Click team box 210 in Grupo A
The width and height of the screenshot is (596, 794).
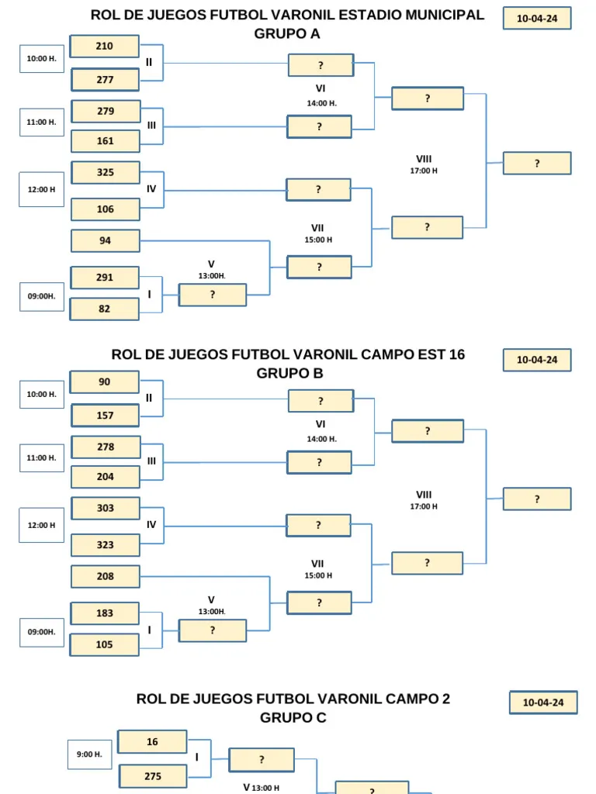105,46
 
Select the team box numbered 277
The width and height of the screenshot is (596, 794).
105,80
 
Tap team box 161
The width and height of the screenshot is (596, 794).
105,141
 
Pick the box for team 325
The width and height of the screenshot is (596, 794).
105,172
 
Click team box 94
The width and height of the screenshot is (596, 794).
105,240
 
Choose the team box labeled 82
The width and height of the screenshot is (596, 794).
105,309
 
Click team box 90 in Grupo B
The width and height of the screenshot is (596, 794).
105,381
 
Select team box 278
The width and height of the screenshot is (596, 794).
106,447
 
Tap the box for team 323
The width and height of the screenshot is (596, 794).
105,545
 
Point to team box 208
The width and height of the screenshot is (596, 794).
105,576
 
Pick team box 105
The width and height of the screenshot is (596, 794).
105,644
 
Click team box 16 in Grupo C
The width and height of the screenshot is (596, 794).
152,742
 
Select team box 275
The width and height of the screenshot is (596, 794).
153,776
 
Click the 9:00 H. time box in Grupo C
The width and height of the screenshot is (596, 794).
90,754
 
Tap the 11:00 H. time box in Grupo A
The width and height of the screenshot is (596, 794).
42,122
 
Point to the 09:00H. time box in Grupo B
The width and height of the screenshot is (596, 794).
42,632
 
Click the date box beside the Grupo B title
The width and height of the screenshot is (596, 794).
537,360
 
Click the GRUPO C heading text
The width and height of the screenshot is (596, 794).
293,717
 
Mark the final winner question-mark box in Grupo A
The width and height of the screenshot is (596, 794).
537,163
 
